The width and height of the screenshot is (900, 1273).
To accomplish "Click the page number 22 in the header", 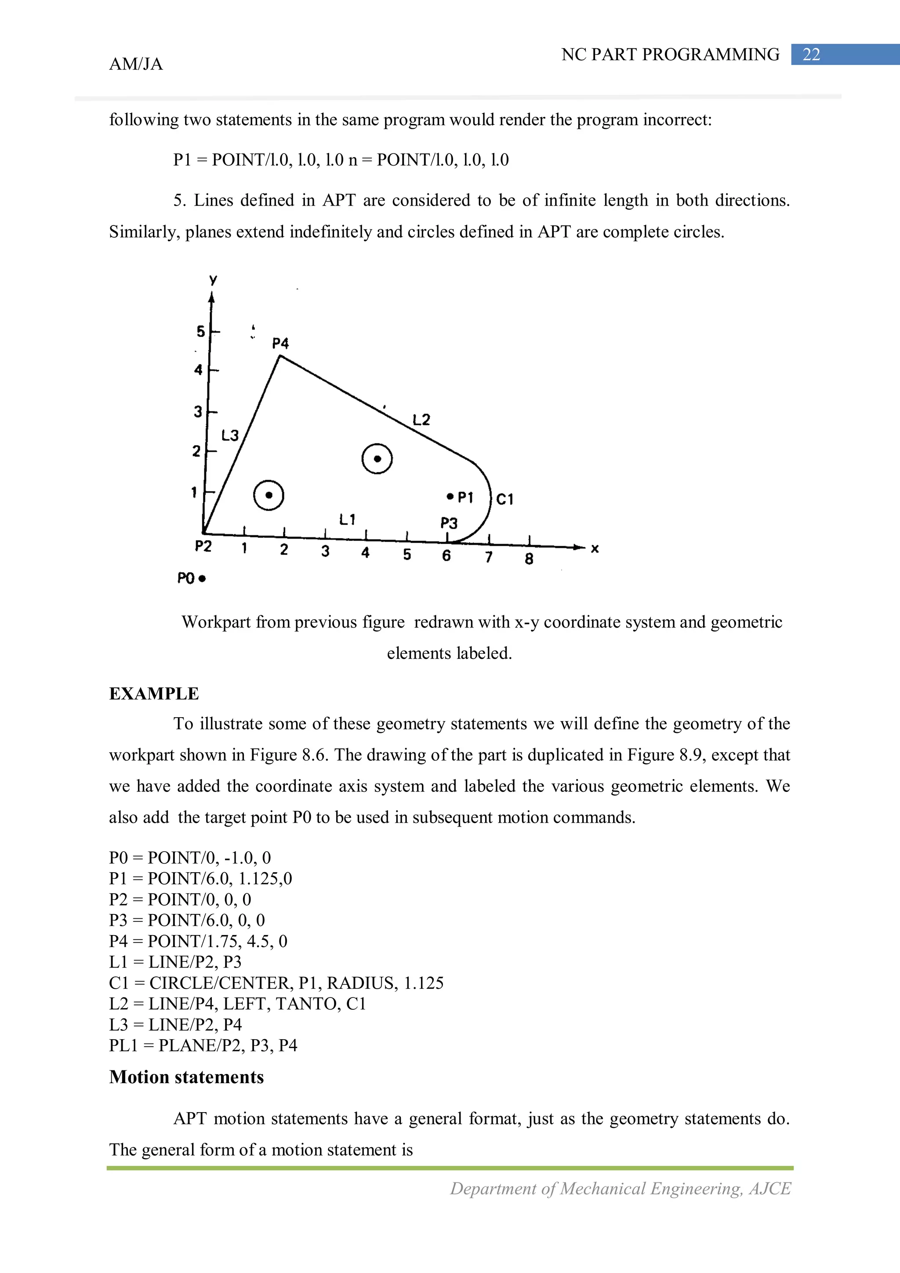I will [x=811, y=54].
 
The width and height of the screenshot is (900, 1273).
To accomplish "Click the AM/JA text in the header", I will [x=136, y=64].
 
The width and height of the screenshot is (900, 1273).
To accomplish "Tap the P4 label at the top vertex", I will [x=281, y=344].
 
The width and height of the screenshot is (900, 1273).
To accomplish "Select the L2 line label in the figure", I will [x=421, y=420].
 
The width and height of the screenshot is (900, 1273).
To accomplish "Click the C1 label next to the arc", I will [x=504, y=500].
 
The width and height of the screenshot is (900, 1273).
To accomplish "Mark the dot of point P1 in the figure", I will [x=450, y=496].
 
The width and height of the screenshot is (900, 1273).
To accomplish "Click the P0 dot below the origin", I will [x=203, y=579].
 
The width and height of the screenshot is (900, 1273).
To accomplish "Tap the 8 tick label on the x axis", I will [x=529, y=559].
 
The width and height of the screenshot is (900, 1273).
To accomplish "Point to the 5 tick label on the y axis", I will [x=201, y=332].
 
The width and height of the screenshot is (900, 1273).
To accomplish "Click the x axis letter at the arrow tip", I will [x=595, y=549].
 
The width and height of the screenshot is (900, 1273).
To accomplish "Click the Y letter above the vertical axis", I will [x=213, y=280].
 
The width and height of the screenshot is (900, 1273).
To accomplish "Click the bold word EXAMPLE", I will [x=154, y=693].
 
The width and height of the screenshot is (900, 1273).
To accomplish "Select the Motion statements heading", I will [x=186, y=1077].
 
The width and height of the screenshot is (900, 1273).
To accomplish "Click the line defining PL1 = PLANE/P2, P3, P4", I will [x=203, y=1045].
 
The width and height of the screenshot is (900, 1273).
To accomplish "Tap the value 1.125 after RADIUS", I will [x=424, y=983].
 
